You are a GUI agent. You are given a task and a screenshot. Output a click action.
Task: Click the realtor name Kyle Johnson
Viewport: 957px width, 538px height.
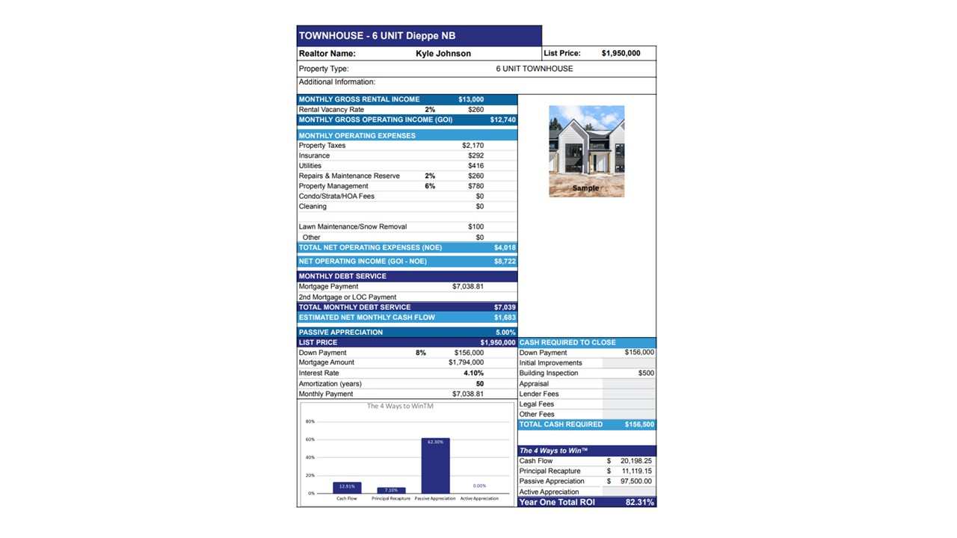443,54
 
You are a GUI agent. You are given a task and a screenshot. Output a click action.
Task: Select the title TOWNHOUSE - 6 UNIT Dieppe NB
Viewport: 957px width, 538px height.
377,36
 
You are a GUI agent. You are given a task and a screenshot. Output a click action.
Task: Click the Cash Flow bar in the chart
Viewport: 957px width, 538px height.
347,488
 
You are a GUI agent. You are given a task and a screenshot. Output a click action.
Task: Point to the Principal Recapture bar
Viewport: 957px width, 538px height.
391,490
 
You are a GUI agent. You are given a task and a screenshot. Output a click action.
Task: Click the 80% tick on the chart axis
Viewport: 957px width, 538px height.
310,421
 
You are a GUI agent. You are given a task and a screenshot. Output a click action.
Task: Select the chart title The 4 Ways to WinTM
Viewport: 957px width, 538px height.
400,406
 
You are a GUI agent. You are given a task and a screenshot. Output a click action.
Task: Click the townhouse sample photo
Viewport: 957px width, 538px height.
586,151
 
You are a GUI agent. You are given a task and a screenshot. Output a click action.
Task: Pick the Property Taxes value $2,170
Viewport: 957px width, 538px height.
473,146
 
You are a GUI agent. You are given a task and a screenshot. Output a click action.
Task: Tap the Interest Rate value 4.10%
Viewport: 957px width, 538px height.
473,373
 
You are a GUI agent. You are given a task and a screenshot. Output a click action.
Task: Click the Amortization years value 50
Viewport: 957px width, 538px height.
479,383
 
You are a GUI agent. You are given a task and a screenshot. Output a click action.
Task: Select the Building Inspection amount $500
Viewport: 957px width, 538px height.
646,373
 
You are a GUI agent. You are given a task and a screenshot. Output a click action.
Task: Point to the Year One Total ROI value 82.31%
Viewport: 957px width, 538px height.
639,502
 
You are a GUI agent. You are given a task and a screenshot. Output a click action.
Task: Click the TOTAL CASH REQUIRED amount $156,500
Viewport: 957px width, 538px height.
639,424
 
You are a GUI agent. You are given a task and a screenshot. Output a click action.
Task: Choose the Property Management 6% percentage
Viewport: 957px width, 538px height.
430,186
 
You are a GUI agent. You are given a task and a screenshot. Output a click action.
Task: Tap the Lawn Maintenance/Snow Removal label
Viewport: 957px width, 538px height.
352,226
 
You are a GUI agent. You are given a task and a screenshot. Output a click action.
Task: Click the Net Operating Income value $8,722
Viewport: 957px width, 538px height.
505,262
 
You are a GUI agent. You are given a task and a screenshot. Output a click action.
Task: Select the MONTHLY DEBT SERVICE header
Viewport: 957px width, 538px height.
342,276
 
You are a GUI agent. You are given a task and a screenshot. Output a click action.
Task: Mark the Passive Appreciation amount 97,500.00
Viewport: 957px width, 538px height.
636,481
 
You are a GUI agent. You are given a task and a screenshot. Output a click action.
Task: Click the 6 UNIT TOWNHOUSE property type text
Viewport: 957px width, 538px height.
534,69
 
